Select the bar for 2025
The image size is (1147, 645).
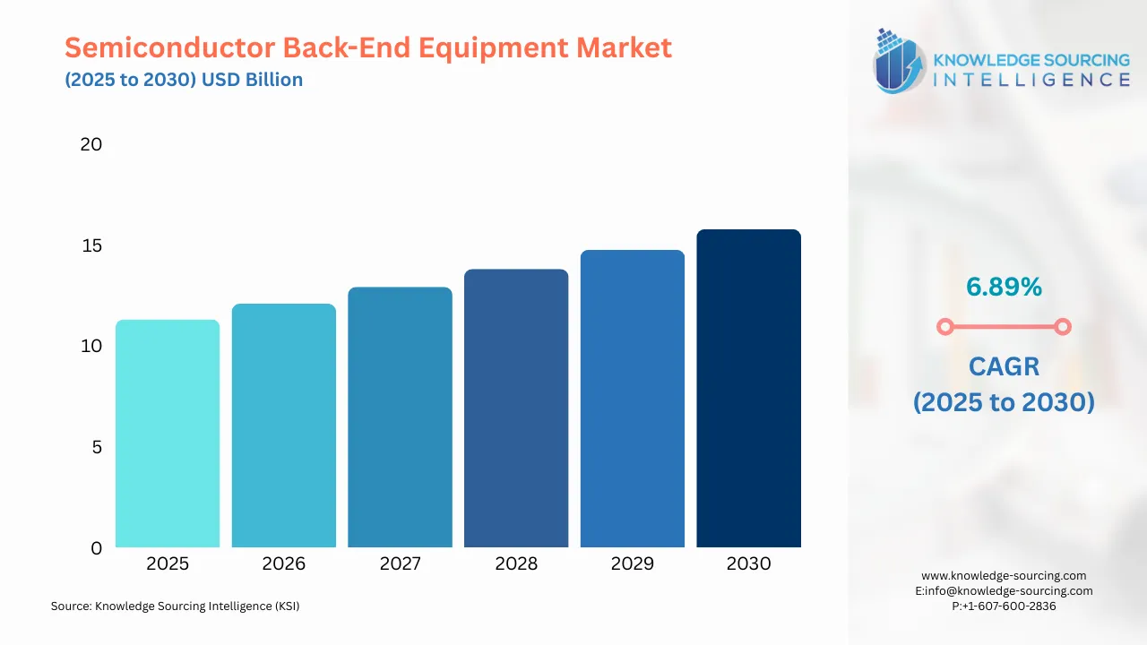pyautogui.click(x=168, y=434)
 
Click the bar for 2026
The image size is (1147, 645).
pyautogui.click(x=283, y=426)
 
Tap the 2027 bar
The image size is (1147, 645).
pyautogui.click(x=400, y=417)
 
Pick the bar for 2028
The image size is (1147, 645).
pyautogui.click(x=516, y=408)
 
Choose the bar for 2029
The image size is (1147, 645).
pyautogui.click(x=632, y=399)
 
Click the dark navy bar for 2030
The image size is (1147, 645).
pyautogui.click(x=748, y=389)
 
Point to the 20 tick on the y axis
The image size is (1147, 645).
pyautogui.click(x=91, y=144)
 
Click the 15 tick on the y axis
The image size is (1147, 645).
pyautogui.click(x=91, y=245)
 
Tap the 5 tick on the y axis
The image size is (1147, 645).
pyautogui.click(x=97, y=447)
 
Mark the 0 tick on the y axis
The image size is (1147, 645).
pyautogui.click(x=97, y=548)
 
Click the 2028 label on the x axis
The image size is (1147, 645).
pyautogui.click(x=516, y=563)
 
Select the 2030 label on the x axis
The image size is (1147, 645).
pyautogui.click(x=748, y=563)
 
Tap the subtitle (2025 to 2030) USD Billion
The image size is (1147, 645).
pyautogui.click(x=184, y=80)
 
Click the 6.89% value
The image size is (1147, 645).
pyautogui.click(x=1004, y=287)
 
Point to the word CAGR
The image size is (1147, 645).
pyautogui.click(x=1004, y=366)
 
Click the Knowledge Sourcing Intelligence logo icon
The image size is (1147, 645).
pyautogui.click(x=900, y=61)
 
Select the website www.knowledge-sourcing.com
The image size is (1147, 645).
pyautogui.click(x=1004, y=576)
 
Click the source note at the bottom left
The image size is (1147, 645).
pyautogui.click(x=175, y=606)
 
